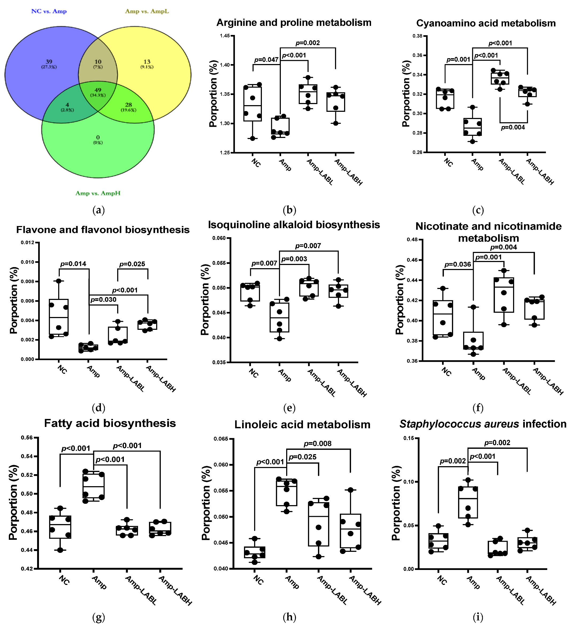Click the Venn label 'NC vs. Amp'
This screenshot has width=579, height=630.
tap(49, 11)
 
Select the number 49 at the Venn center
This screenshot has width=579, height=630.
tap(98, 90)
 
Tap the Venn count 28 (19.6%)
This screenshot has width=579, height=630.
tap(128, 105)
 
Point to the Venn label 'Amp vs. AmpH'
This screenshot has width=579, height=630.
tap(98, 193)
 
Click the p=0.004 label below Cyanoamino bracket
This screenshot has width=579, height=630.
tap(513, 127)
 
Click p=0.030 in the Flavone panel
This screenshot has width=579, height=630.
tap(103, 300)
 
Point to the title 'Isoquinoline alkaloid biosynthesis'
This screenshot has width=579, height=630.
tap(294, 225)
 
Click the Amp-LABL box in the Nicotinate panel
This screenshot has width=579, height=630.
tap(503, 295)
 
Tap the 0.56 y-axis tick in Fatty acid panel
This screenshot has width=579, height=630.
tap(27, 437)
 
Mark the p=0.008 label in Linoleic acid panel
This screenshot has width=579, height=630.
tap(317, 443)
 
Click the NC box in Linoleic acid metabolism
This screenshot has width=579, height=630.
tap(254, 552)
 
